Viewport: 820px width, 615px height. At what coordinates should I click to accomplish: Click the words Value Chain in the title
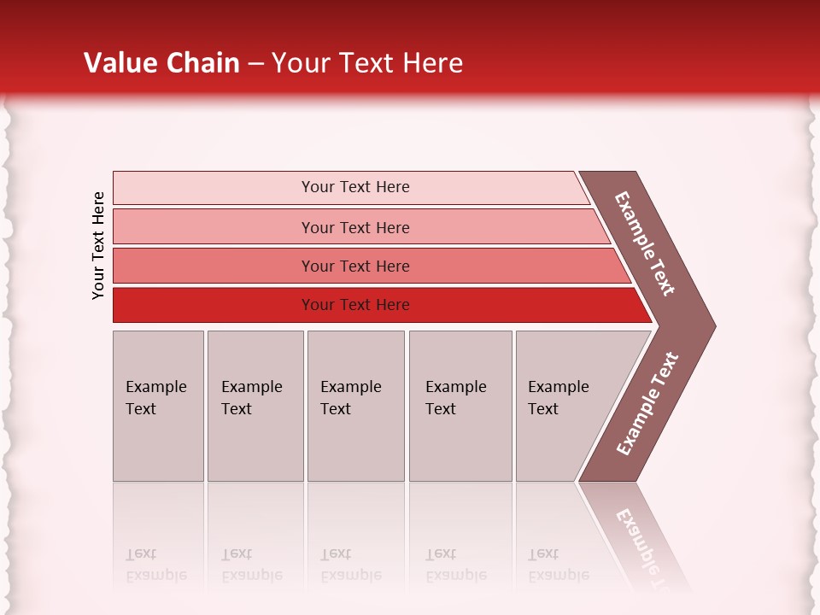coord(161,63)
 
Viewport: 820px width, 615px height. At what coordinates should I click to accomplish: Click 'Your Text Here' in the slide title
coord(367,63)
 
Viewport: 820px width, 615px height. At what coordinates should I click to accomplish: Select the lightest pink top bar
coord(214,188)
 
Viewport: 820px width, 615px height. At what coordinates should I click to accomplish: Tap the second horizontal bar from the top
coord(214,227)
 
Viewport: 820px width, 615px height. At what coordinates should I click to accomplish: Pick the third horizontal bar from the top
coord(214,266)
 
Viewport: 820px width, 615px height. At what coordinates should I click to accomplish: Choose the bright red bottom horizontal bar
coord(214,305)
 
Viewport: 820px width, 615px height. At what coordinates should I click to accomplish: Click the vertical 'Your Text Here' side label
coord(98,245)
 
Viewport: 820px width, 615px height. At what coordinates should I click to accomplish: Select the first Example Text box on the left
coord(158,406)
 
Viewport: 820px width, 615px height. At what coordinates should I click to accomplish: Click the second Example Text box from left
coord(255,406)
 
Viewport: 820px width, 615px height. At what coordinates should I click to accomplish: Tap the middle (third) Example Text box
coord(355,406)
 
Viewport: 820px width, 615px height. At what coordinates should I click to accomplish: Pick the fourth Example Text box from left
coord(460,406)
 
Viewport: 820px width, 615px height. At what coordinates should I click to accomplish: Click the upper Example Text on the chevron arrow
coord(645,243)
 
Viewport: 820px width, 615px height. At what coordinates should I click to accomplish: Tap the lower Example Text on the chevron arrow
coord(647,404)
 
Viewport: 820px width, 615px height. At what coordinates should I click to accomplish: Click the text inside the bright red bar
coord(355,305)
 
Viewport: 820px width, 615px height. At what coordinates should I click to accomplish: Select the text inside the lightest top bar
coord(355,187)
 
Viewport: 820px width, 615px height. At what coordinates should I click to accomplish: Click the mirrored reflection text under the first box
coord(156,565)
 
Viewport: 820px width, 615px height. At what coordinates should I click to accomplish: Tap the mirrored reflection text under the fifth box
coord(559,565)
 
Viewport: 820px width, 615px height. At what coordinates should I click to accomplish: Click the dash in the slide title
coord(255,64)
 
